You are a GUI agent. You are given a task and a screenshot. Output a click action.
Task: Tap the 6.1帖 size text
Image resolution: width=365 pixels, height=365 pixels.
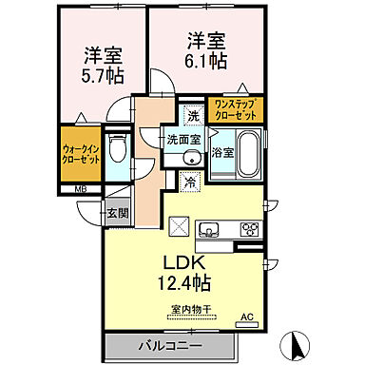[206, 59]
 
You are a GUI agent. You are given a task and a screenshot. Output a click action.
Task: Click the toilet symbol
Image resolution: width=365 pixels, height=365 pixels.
[117, 148]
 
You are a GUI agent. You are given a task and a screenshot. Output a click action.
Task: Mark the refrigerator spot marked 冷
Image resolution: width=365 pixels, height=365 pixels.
[190, 181]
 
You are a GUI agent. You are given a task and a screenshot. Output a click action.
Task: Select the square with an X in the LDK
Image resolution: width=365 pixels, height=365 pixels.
[178, 227]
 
